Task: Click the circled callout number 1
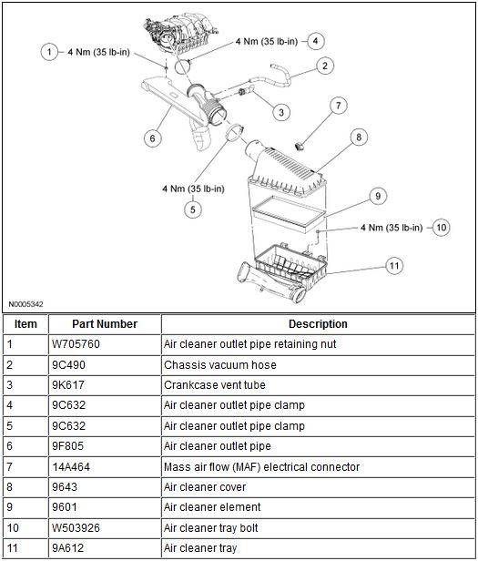coord(49,52)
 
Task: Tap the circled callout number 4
coord(315,41)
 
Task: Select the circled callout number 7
coord(339,106)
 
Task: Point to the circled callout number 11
coord(394,266)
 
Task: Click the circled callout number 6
coord(152,138)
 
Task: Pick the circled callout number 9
coord(378,196)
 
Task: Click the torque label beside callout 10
coord(392,228)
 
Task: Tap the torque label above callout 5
coord(193,189)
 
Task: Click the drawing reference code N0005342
coord(25,304)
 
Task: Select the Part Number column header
coord(105,324)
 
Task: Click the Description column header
coord(318,324)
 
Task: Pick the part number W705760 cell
coord(76,344)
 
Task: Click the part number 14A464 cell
coord(71,467)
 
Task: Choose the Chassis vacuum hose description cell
coord(220,365)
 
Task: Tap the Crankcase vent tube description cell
coord(215,385)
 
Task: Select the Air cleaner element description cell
coord(212,507)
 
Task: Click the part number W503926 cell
coord(76,528)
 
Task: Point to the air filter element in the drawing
coord(290,214)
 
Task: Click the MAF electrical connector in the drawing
coord(300,146)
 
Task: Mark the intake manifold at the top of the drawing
coord(180,34)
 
